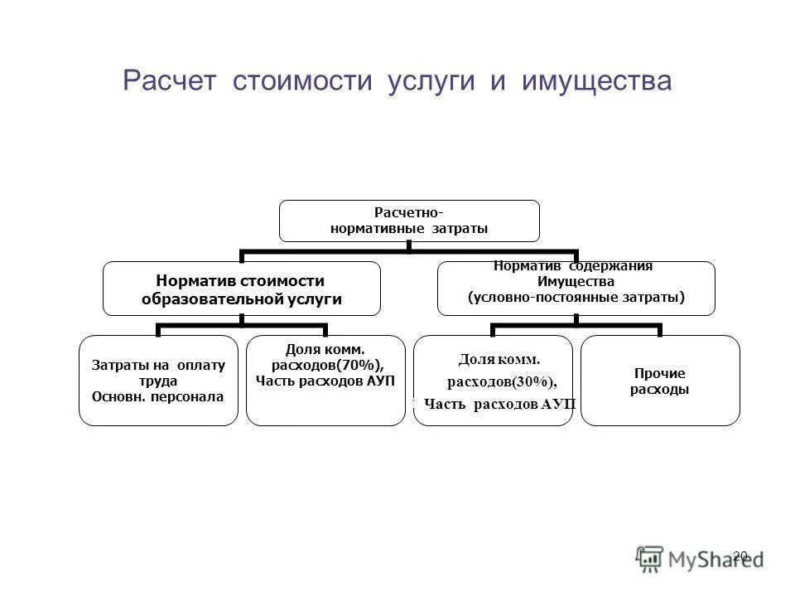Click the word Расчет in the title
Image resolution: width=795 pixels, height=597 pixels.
(x=169, y=81)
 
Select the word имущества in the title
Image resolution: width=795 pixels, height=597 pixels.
(x=596, y=81)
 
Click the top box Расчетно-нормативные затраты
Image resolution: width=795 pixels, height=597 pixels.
(x=408, y=221)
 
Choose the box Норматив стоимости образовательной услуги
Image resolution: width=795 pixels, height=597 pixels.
(x=241, y=289)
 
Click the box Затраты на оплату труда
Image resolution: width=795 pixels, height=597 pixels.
(x=158, y=381)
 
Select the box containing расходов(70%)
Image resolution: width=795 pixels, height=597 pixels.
(x=325, y=381)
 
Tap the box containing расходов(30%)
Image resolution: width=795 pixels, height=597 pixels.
(x=493, y=381)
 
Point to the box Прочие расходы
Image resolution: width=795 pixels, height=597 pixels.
(x=660, y=381)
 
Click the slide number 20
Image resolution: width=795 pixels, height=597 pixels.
(x=740, y=556)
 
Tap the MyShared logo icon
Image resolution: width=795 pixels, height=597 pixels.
(x=650, y=557)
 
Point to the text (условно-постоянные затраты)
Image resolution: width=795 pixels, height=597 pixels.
(x=576, y=297)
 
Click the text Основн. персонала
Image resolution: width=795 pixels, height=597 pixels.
(x=157, y=396)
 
